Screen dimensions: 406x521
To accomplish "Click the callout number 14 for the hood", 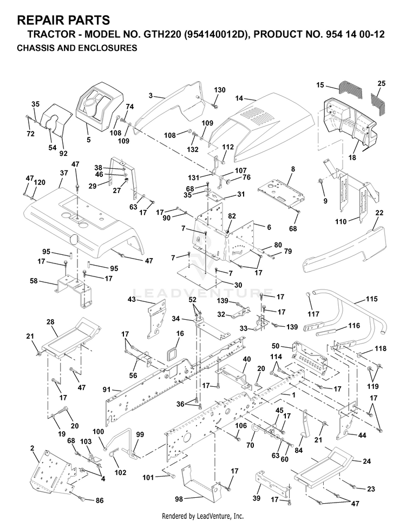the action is tap(239, 98).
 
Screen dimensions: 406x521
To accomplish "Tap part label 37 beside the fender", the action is tap(64, 173).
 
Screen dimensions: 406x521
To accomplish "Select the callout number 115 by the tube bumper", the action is tap(372, 299).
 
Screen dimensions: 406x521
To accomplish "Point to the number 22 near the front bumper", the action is tap(378, 213).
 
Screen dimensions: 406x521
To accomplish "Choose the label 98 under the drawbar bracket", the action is tap(179, 499).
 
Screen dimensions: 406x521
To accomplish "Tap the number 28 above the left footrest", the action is tap(50, 322).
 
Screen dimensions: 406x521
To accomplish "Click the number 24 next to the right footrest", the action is tap(367, 461).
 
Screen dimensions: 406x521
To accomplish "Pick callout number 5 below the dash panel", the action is tap(88, 140).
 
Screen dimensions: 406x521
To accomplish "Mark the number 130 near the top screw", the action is tap(219, 90).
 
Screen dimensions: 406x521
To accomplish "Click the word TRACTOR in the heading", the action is tap(44, 34).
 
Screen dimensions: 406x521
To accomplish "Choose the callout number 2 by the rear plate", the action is tap(32, 448).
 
